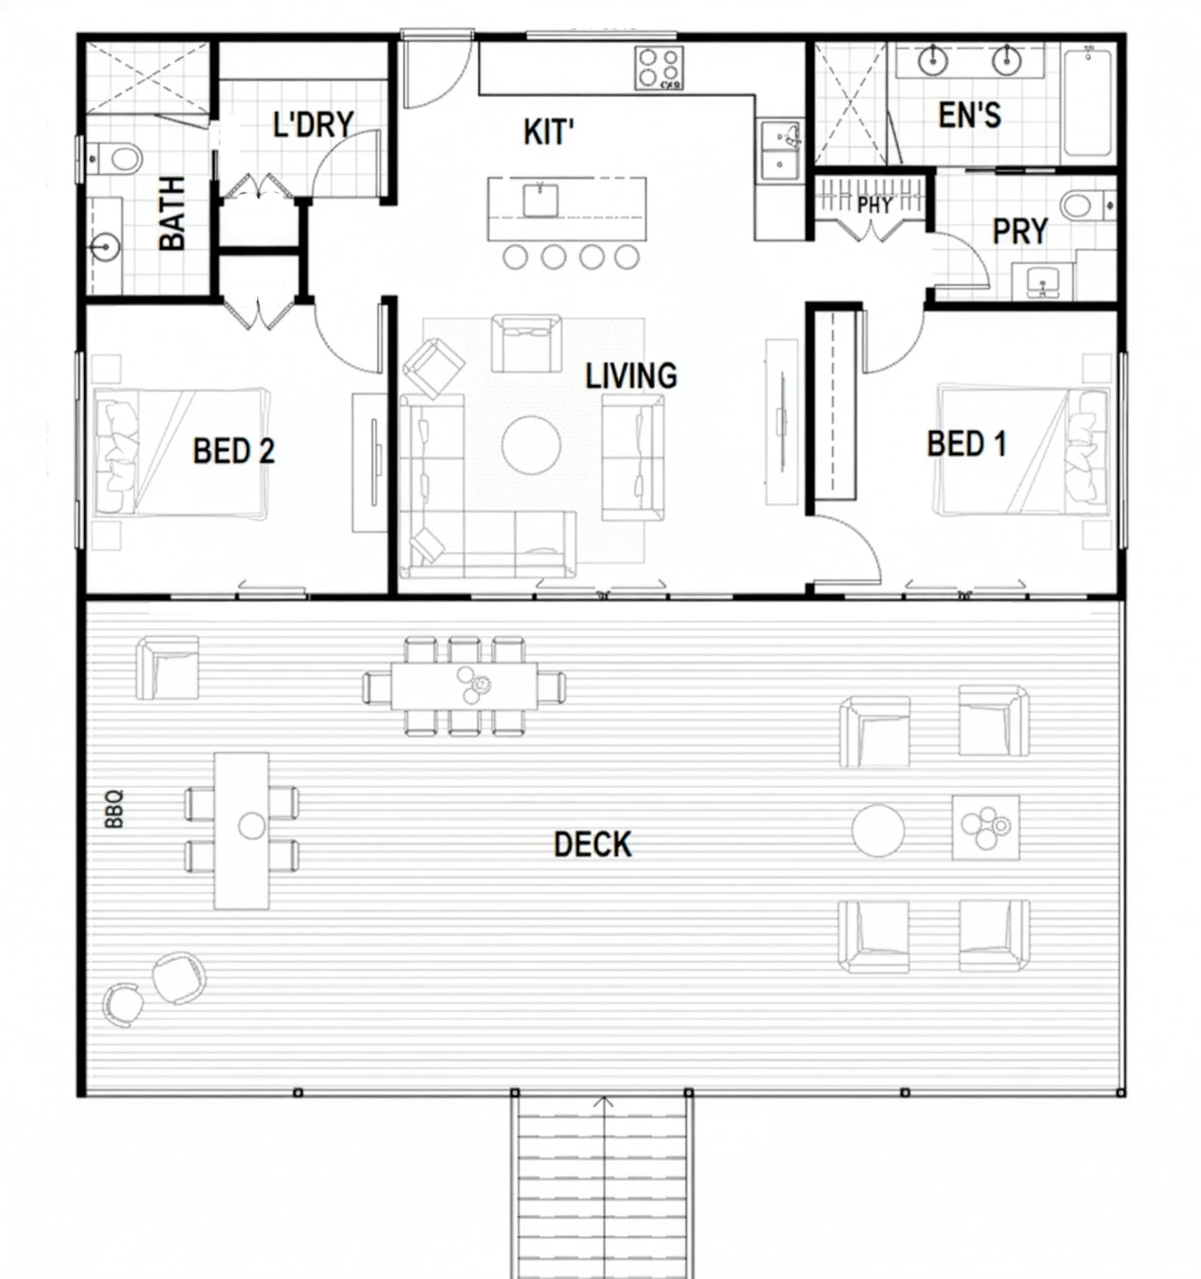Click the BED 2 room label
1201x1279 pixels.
click(233, 451)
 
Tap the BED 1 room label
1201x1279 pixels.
click(967, 444)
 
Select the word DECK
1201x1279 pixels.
click(593, 845)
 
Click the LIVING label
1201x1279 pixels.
click(631, 375)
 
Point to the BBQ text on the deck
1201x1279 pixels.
click(114, 809)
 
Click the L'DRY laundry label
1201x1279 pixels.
click(313, 124)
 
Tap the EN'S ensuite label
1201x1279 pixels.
click(970, 116)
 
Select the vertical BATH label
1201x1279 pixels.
click(172, 213)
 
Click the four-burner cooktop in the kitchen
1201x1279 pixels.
click(659, 68)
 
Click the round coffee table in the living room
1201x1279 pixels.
click(531, 445)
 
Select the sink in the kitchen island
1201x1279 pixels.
click(540, 200)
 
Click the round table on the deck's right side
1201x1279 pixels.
click(878, 830)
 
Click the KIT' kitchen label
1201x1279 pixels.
click(548, 132)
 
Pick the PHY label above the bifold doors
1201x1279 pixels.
click(875, 205)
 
